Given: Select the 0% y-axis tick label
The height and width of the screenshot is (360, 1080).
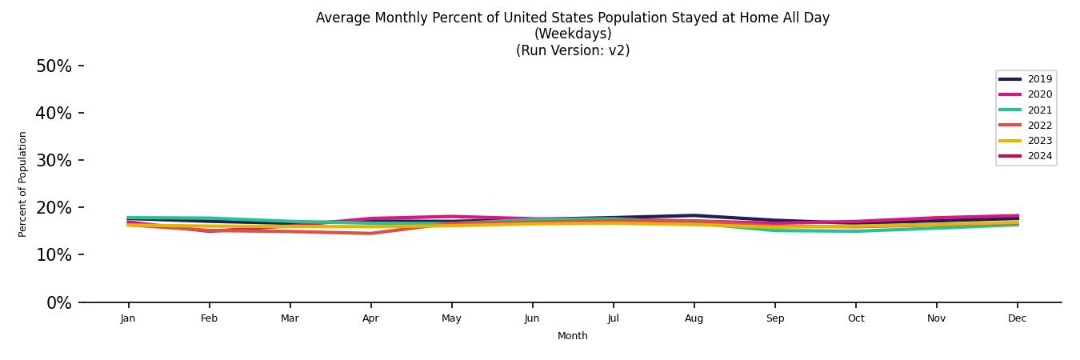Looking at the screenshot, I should (x=58, y=303).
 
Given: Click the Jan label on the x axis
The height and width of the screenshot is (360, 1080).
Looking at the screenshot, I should (x=128, y=318).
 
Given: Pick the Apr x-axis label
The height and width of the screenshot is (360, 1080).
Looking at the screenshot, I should (x=370, y=318).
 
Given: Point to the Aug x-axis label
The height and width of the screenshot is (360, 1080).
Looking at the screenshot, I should (x=694, y=318).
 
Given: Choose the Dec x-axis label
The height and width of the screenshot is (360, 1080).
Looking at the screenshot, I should (x=1017, y=318).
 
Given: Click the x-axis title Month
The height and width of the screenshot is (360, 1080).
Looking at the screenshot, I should (x=573, y=336).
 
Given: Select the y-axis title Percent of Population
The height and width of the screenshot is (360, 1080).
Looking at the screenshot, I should (x=23, y=184).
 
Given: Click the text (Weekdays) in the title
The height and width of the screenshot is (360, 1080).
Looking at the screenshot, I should (x=573, y=34).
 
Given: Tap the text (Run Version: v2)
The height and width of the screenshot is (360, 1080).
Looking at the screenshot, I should (x=573, y=50).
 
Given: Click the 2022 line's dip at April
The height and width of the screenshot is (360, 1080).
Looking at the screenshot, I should (x=370, y=234).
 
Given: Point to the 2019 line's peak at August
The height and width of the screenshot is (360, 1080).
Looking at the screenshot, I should (x=694, y=215).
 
